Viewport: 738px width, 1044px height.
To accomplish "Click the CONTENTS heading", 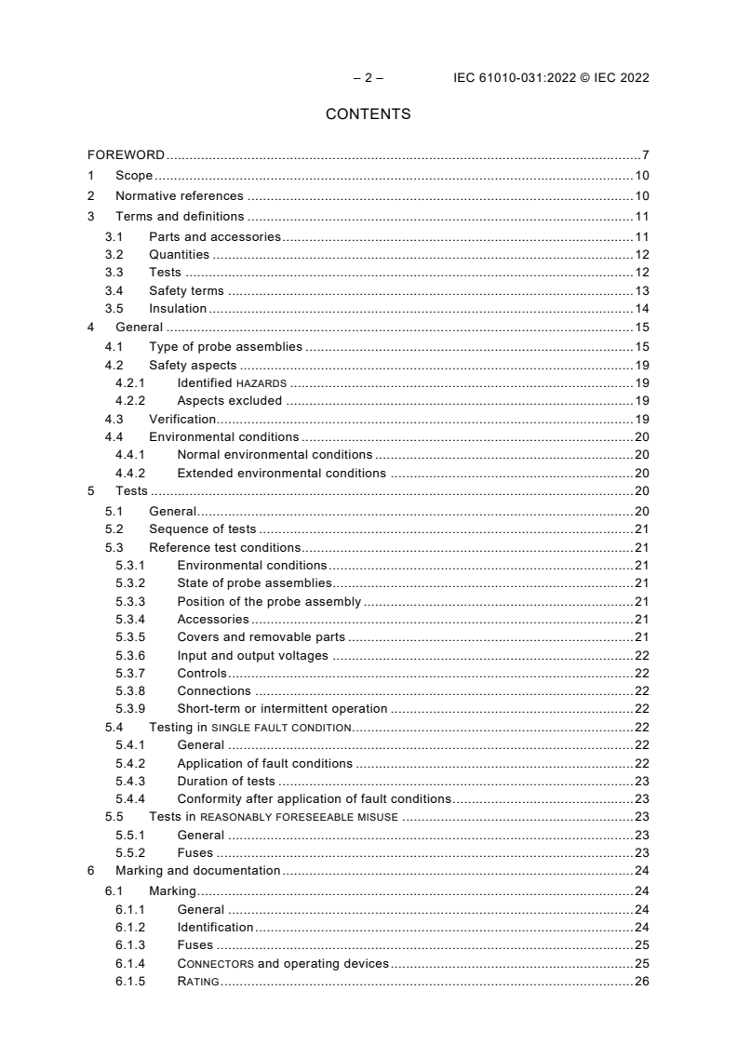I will pos(368,114).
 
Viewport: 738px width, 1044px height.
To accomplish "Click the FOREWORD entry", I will pos(127,154).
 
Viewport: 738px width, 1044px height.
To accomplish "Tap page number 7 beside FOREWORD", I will pos(645,154).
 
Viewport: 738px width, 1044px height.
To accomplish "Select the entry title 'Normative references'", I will pos(179,196).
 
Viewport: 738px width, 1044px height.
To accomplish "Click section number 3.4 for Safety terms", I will pos(114,291).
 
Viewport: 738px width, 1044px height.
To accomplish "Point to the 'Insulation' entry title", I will pos(178,309).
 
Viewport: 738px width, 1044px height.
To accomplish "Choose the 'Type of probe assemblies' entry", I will pos(225,346).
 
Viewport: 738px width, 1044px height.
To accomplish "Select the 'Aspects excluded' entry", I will pos(229,401).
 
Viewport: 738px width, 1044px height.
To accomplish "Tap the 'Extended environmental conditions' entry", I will pos(281,473).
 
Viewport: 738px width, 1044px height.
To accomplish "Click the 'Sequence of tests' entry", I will pos(202,529).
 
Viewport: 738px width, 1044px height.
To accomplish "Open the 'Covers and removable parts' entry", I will pos(261,637).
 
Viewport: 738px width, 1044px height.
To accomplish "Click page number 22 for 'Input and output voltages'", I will pos(641,655).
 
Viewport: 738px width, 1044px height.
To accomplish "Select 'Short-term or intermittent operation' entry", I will pos(282,709).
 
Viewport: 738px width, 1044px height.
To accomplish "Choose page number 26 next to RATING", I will pos(641,982).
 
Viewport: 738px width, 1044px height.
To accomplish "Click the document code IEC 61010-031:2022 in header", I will pos(512,78).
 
